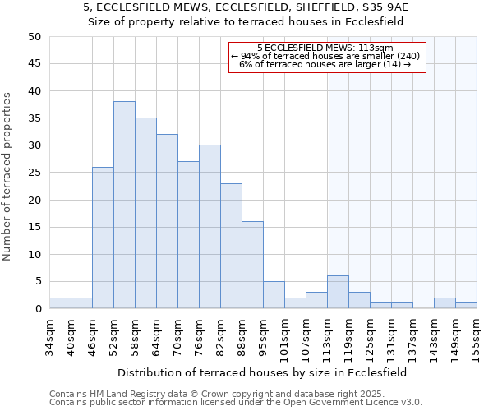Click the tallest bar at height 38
(124, 205)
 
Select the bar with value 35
(145, 214)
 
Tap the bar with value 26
(103, 238)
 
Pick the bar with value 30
(210, 227)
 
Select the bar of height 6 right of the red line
(338, 293)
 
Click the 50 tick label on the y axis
(34, 37)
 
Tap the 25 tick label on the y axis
(34, 173)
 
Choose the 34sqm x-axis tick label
(49, 335)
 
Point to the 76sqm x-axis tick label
(199, 335)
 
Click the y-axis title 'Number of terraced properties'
(7, 176)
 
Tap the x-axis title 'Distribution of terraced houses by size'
(262, 372)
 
